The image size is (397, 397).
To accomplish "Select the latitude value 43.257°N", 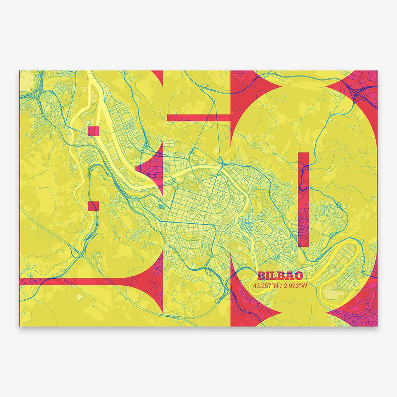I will click(266, 286).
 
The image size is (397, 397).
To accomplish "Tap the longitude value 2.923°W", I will click(295, 286).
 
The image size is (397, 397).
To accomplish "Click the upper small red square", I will click(94, 131).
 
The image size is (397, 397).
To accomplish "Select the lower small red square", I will click(94, 206).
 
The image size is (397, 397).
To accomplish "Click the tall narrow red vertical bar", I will click(304, 200).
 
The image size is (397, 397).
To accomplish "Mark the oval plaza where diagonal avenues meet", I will click(209, 198).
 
